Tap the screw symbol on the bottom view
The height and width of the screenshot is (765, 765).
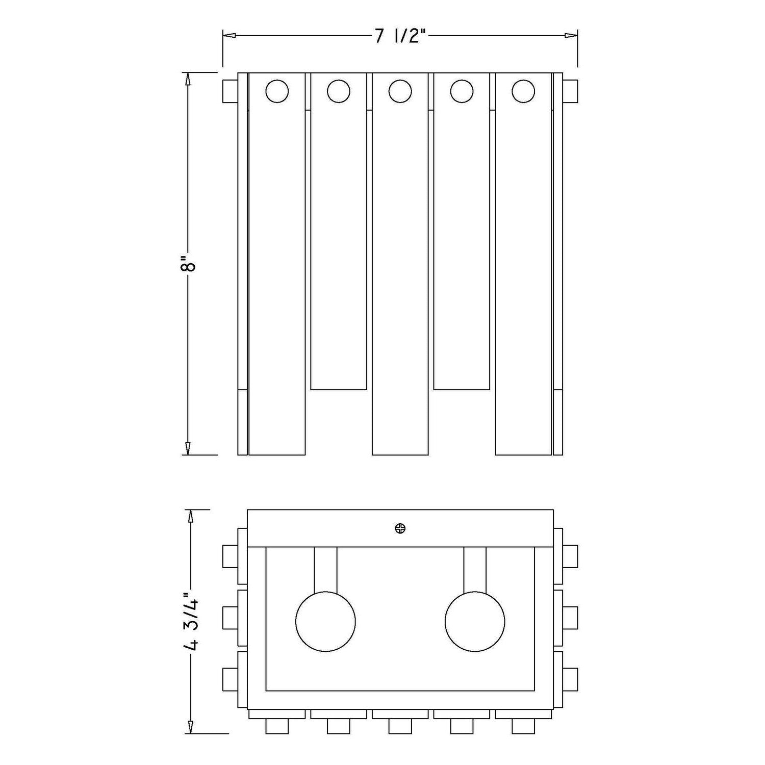pos(400,529)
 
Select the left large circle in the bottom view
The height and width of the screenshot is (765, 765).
pos(325,622)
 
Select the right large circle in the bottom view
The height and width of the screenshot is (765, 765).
pos(475,622)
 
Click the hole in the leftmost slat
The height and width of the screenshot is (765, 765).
pos(277,92)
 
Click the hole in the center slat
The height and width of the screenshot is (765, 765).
pos(400,92)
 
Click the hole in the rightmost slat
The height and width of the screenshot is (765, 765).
pos(523,92)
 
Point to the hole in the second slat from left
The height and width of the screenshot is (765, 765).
pos(339,92)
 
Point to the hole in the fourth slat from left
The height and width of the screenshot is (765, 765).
pos(462,92)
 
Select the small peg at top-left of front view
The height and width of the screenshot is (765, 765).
pos(231,92)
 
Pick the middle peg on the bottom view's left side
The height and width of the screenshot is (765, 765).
pos(231,618)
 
